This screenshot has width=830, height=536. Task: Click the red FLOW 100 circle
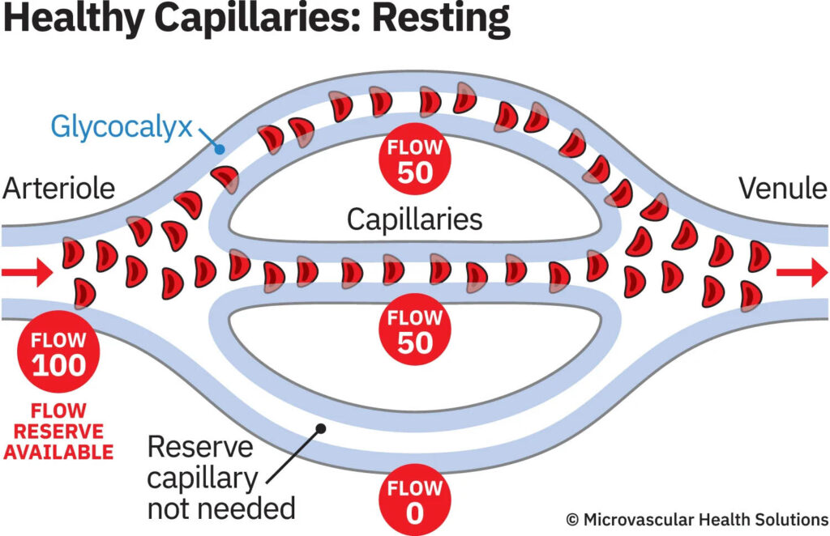pos(58,353)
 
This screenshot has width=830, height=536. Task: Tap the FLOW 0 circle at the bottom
pos(415,501)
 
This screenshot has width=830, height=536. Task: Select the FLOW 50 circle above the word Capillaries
pos(415,160)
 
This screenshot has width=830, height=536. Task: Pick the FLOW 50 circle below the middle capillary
pos(415,330)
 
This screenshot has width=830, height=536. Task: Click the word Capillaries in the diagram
pos(414,219)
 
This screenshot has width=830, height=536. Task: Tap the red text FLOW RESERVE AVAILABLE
pos(58,431)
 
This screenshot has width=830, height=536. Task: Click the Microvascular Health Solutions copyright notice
pos(697,518)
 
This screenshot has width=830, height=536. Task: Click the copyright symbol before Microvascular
pos(573,518)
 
